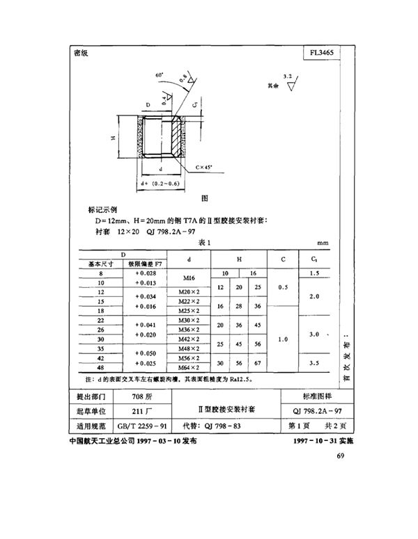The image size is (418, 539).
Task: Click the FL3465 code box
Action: (322, 53)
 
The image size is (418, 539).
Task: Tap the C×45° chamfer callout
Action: (206, 167)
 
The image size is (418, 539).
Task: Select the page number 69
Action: (340, 456)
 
